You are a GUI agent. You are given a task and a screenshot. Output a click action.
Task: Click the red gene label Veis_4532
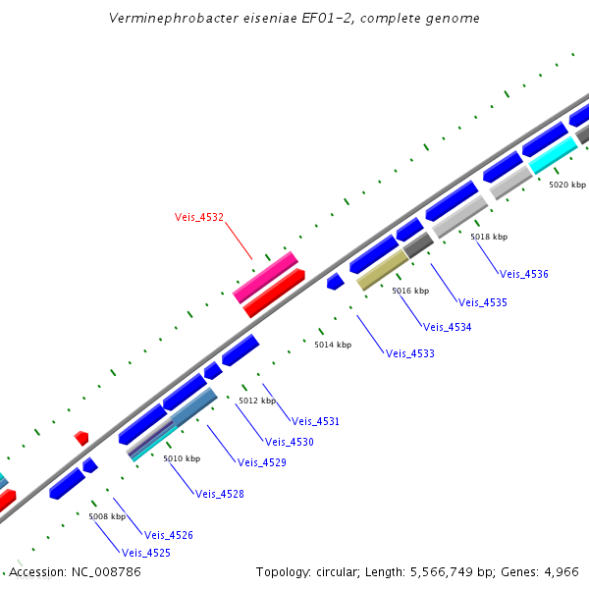point(199,218)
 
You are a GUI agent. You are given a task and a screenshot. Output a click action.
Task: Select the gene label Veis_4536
point(524,275)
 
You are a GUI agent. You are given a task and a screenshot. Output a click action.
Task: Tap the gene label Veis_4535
point(483,302)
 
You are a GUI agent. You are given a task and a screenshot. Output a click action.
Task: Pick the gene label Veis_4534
point(447,327)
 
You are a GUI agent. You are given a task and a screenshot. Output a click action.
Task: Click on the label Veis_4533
point(410,353)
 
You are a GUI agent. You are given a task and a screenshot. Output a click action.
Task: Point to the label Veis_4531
point(315,421)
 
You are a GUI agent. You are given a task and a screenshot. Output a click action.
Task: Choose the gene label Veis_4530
point(290,442)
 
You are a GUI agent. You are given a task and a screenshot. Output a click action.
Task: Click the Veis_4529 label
point(262,462)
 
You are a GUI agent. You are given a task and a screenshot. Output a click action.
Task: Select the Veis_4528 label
point(220,494)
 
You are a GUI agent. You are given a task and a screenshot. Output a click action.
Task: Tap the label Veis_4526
point(169,535)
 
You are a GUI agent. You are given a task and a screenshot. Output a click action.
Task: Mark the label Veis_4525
point(146,553)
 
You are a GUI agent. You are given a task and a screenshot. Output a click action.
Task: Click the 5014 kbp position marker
point(333,345)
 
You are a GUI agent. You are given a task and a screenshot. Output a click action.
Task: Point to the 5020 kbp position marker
point(566,185)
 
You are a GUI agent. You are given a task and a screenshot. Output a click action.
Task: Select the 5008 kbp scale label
point(107,516)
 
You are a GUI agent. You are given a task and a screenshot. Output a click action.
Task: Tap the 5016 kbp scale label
point(410,292)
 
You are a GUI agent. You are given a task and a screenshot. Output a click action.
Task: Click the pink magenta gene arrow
point(265,277)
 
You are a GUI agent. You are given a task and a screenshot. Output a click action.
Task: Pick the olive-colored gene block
point(382,269)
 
